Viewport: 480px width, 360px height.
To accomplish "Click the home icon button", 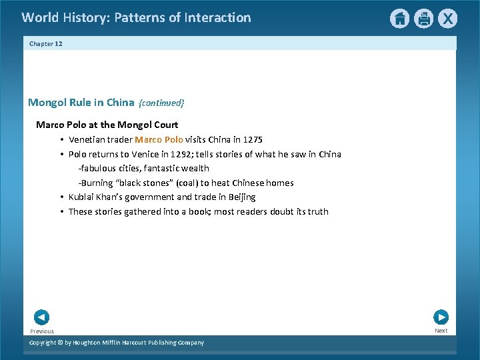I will pos(399,19).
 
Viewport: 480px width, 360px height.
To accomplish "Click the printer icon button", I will pos(423,19).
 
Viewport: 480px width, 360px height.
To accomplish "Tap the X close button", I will pos(447,19).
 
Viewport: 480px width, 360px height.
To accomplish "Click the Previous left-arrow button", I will pos(41,317).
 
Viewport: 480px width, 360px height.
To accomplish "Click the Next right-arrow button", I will pos(441,317).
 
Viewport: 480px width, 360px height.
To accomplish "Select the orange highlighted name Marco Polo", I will pos(159,140).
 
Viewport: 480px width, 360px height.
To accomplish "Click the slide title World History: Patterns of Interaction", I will pos(136,18).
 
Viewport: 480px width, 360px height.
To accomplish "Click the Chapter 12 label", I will pos(45,44).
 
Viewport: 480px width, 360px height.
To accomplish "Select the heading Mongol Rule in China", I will pos(81,103).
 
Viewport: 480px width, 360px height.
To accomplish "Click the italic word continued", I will pos(161,103).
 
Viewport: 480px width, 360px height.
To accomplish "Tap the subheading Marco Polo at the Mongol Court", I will pos(107,125).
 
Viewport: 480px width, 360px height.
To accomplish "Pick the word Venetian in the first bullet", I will pos(88,140).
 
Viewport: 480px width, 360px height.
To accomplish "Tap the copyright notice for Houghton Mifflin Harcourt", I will pos(117,343).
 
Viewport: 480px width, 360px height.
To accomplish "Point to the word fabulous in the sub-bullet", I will pos(100,169).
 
